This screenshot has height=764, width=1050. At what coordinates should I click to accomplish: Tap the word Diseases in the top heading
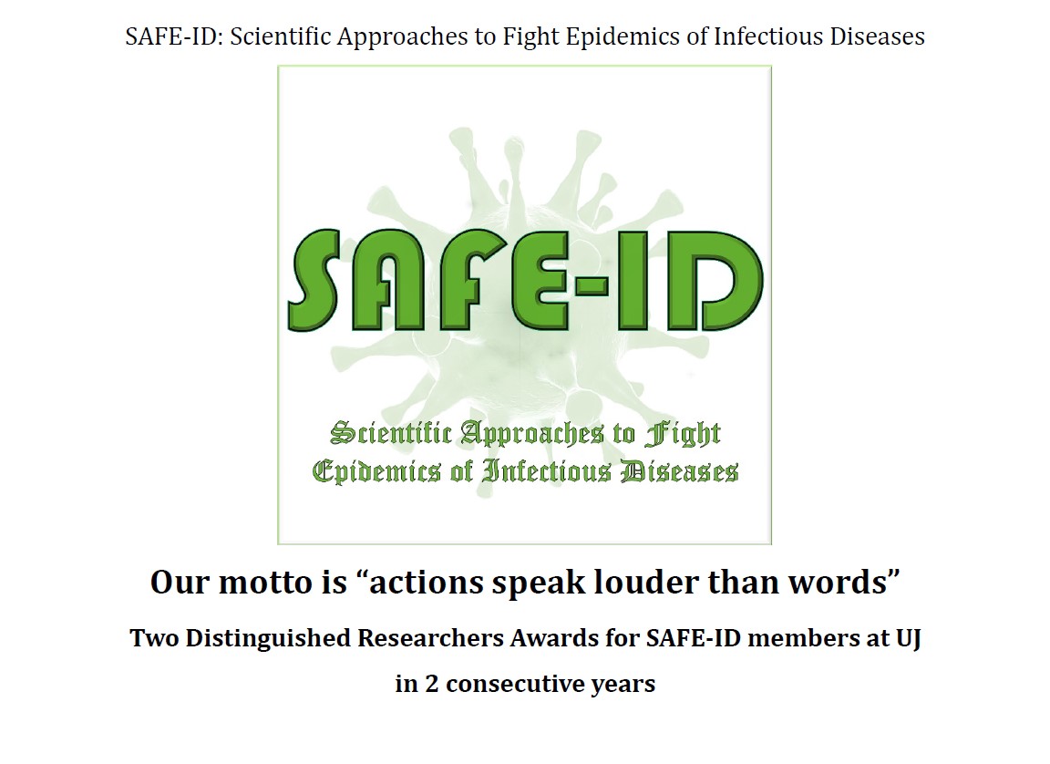[x=877, y=36]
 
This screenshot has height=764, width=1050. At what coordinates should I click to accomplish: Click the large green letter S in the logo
[x=314, y=280]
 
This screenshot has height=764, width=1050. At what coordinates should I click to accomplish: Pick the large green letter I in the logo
[x=633, y=280]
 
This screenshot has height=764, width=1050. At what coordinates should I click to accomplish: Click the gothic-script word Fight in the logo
[x=683, y=434]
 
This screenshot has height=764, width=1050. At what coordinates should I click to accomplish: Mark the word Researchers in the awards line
[x=430, y=638]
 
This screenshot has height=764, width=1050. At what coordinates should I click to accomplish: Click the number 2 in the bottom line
[x=432, y=685]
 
